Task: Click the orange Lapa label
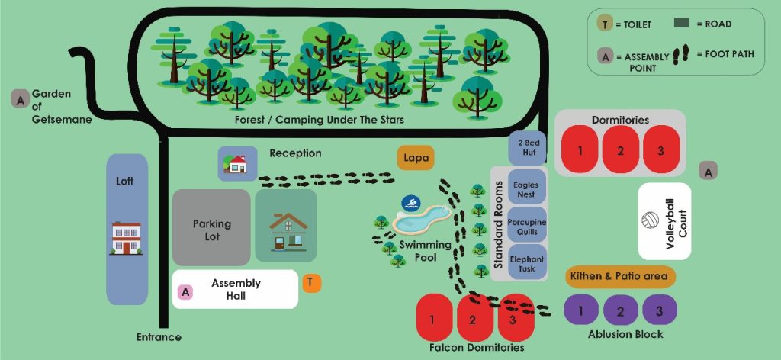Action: pyautogui.click(x=416, y=158)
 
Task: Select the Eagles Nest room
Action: pyautogui.click(x=525, y=189)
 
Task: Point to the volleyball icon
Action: pyautogui.click(x=651, y=221)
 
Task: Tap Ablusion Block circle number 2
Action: pyautogui.click(x=622, y=310)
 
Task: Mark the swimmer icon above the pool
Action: pyautogui.click(x=412, y=204)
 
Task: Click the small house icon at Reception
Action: pyautogui.click(x=236, y=163)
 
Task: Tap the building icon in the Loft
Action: pyautogui.click(x=127, y=238)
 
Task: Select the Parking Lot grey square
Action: pyautogui.click(x=211, y=227)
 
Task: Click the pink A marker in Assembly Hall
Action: pyautogui.click(x=185, y=291)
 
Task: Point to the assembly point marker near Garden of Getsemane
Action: pyautogui.click(x=21, y=98)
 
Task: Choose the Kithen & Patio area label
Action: pyautogui.click(x=619, y=276)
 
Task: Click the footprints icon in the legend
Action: pyautogui.click(x=684, y=53)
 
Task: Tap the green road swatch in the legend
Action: pyautogui.click(x=686, y=24)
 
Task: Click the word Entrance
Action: pyautogui.click(x=159, y=337)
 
